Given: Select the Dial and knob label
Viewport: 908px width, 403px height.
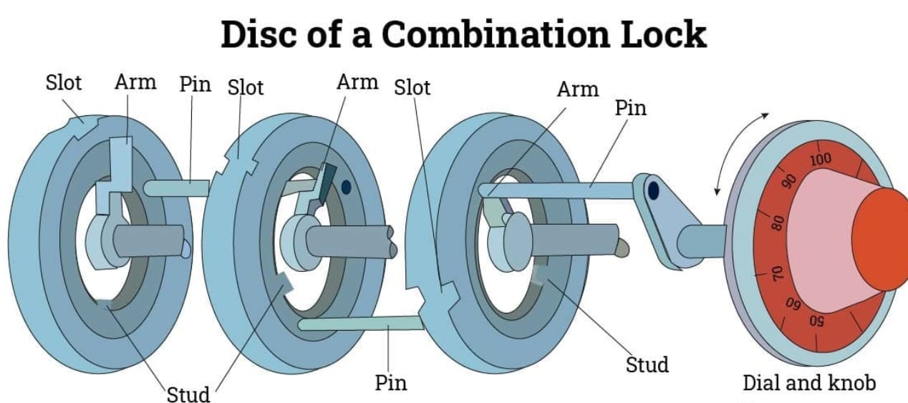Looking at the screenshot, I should coord(808,383).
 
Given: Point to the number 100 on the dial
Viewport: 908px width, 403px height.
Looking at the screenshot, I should coord(821,159).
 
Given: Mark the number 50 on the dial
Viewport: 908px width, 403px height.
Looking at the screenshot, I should coord(818,321).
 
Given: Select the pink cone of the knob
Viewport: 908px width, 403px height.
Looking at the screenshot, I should coord(824,236).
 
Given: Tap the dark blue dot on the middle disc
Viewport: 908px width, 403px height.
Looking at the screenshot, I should coord(347,187).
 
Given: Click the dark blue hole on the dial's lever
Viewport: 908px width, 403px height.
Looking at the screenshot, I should coord(652,191).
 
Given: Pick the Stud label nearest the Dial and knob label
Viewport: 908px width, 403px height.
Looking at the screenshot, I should coord(647,364).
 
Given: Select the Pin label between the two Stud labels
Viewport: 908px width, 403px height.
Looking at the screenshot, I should coord(391,383).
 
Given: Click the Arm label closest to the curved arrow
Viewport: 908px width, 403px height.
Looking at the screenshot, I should coord(577,89).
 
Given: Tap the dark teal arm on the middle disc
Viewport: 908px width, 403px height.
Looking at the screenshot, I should coord(327,179).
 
